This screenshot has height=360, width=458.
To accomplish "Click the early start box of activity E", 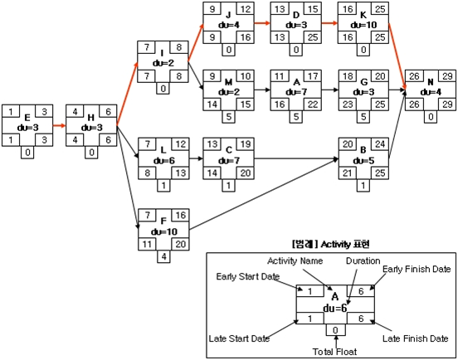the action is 11,111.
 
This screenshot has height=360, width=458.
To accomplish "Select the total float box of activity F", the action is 163,256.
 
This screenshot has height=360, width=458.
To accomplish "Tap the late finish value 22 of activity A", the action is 313,105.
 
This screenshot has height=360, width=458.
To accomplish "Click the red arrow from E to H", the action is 60,126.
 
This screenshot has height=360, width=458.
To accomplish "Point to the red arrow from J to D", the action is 262,22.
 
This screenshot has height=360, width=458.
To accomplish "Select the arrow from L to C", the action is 196,158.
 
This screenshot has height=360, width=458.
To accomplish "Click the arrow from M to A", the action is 262,90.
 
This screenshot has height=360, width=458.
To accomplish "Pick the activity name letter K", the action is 363,15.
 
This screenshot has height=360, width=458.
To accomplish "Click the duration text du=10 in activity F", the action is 164,231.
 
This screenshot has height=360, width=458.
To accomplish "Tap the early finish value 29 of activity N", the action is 447,76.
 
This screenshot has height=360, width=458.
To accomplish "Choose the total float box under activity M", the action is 229,117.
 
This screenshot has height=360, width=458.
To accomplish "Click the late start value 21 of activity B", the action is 348,173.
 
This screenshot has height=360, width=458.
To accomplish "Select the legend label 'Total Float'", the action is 334,352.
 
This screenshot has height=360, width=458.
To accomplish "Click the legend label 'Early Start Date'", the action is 248,276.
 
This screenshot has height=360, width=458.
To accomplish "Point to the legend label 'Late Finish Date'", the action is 416,338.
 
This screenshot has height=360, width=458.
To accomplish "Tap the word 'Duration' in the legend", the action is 363,260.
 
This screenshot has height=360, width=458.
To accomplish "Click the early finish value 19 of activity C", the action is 246,144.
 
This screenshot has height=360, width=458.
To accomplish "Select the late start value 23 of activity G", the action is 348,105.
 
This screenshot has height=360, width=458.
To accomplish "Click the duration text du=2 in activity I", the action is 163,63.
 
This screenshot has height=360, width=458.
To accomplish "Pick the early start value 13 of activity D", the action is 280,9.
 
